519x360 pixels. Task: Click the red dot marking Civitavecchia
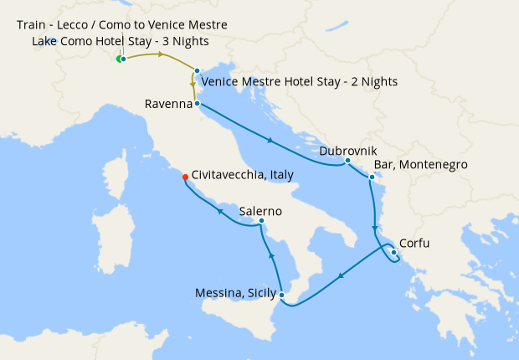(x=185, y=176)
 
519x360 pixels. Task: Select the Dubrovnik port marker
(x=347, y=160)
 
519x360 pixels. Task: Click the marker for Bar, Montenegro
(x=371, y=177)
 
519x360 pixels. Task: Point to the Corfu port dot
(x=393, y=252)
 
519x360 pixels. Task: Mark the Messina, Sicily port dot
(x=283, y=295)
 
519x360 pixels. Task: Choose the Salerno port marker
(x=262, y=221)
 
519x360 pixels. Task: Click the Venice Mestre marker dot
(x=197, y=71)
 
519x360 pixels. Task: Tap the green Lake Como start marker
(x=119, y=59)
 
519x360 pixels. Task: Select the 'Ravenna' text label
(x=167, y=105)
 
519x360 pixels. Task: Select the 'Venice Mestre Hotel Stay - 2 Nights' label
(x=300, y=82)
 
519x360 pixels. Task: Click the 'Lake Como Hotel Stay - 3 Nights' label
(x=121, y=41)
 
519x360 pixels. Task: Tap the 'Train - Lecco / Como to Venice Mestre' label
(x=121, y=25)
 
